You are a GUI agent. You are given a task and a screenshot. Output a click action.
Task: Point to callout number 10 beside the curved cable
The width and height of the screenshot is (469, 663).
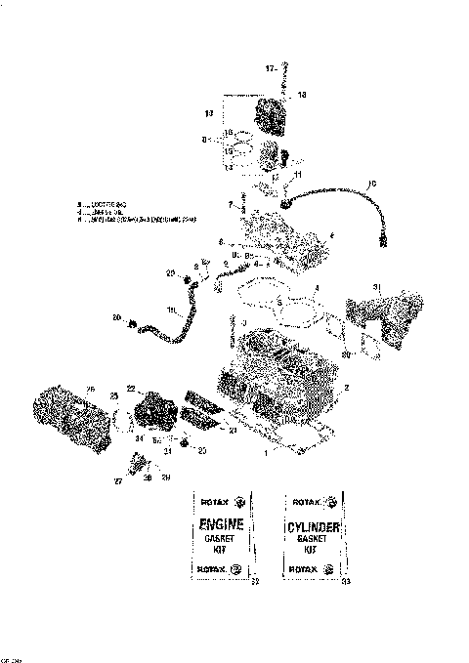pyautogui.click(x=370, y=183)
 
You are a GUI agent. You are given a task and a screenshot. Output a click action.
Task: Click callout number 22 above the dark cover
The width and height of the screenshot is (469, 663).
pyautogui.click(x=130, y=389)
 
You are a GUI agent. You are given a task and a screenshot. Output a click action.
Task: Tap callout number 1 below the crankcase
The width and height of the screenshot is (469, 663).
pyautogui.click(x=261, y=454)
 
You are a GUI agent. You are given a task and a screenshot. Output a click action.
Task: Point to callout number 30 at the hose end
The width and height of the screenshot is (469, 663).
pyautogui.click(x=116, y=318)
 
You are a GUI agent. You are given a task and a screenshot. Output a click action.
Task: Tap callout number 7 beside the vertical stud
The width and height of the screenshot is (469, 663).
pyautogui.click(x=230, y=204)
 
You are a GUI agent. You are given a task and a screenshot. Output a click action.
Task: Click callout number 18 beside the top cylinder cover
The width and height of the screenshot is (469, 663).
pyautogui.click(x=302, y=95)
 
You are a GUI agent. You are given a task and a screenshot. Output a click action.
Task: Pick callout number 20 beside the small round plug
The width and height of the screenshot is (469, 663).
pyautogui.click(x=202, y=450)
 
